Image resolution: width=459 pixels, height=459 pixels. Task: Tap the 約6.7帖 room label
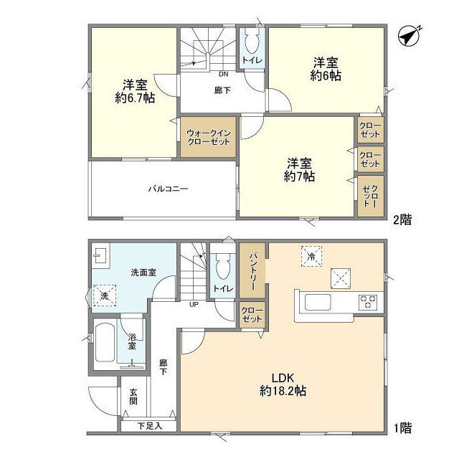click(134, 92)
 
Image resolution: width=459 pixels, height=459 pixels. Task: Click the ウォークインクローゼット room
click(207, 137)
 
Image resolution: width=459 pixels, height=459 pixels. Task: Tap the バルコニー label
click(168, 189)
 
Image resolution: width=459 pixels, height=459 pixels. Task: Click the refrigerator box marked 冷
click(311, 256)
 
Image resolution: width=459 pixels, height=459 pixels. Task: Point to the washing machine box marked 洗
click(104, 295)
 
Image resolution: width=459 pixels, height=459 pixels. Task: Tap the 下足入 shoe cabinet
click(149, 425)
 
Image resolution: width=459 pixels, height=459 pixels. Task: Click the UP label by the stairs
click(193, 304)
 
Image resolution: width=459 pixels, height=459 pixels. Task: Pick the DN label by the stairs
click(223, 73)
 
